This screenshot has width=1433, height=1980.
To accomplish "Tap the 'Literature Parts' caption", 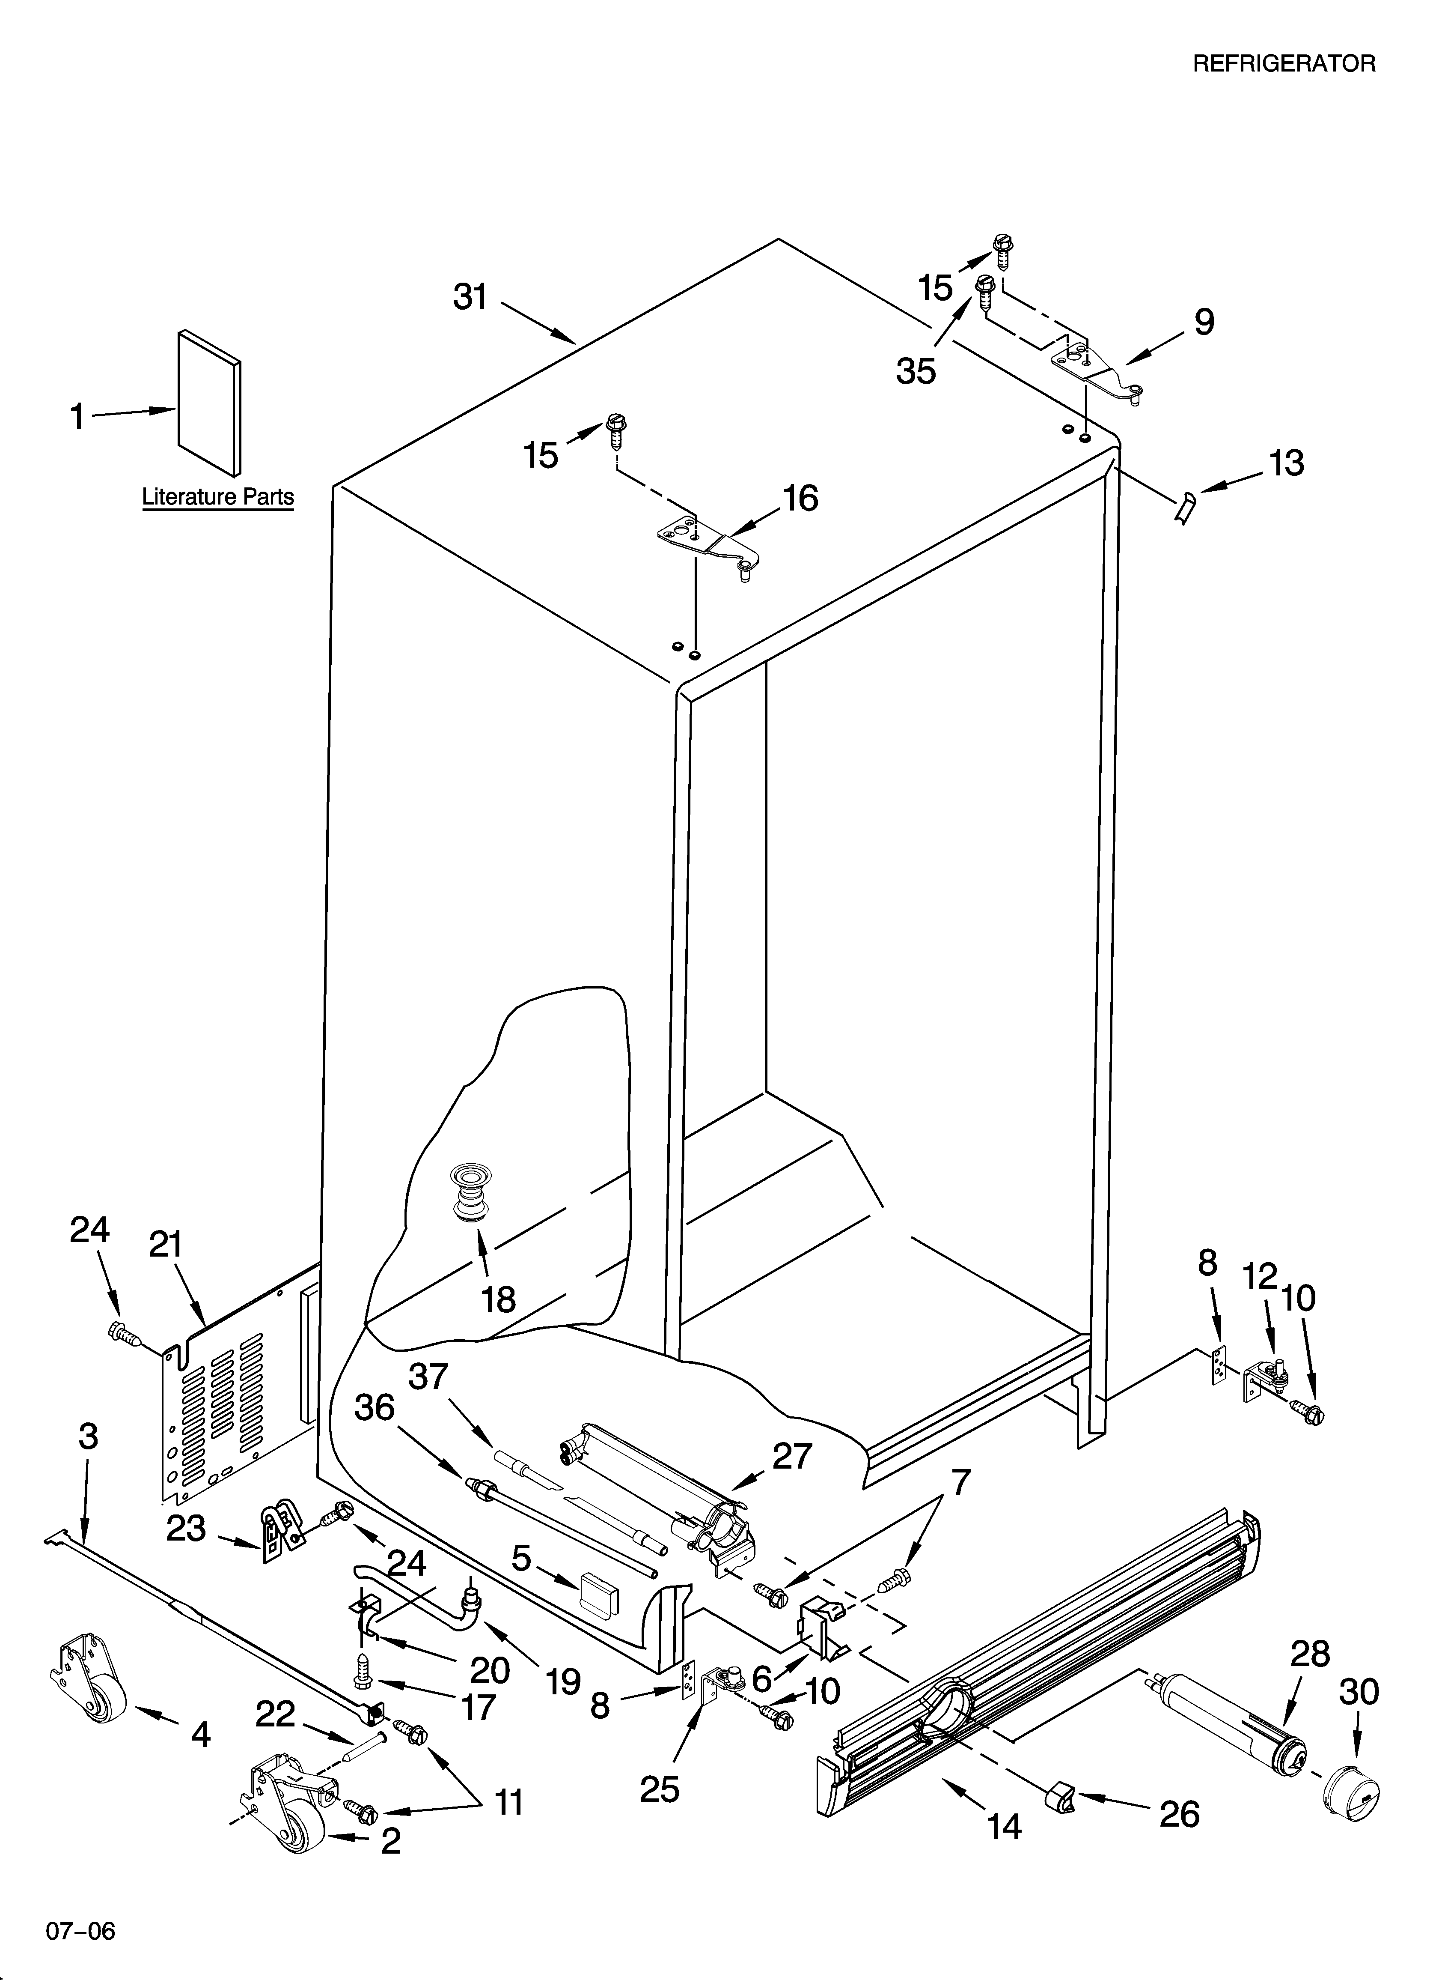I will point(217,497).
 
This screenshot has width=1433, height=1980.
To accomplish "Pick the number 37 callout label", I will point(428,1377).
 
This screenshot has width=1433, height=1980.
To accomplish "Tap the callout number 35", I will point(916,371).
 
